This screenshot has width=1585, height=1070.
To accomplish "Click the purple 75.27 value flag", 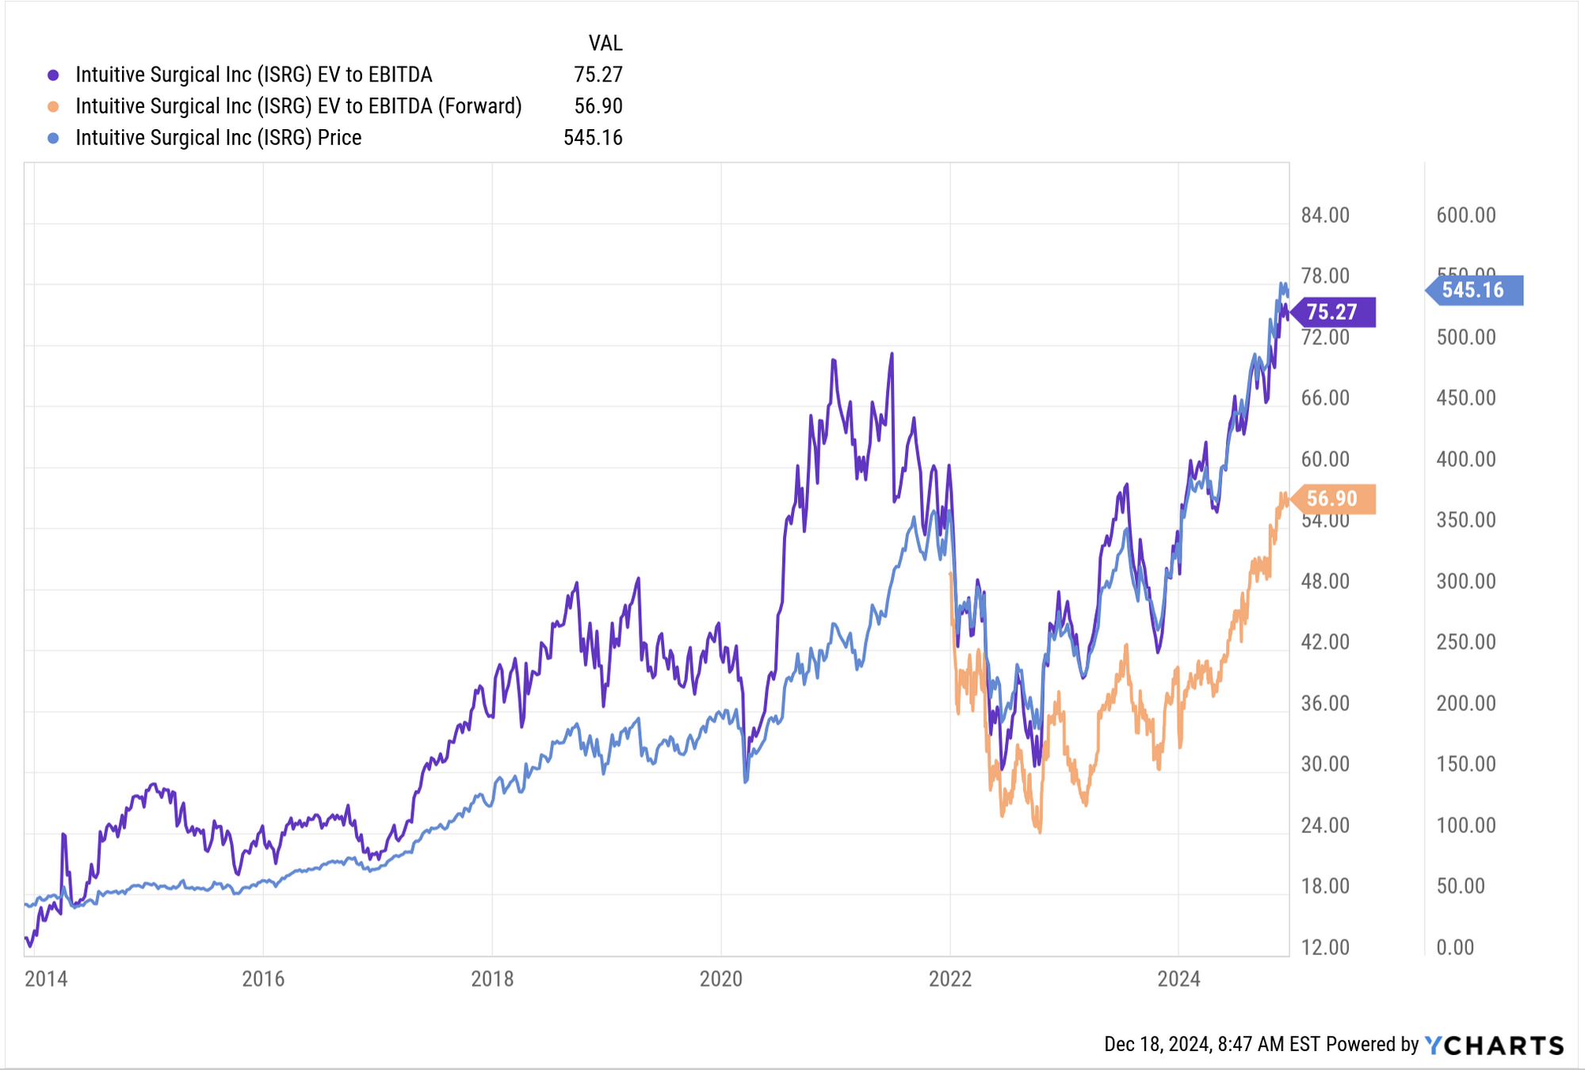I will tap(1333, 312).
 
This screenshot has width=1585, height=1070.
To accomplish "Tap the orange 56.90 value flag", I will tap(1333, 499).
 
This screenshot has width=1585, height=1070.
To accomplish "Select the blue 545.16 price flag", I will tap(1474, 290).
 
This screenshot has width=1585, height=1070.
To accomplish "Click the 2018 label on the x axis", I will tap(492, 979).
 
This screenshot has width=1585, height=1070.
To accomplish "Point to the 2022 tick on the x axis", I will tap(950, 979).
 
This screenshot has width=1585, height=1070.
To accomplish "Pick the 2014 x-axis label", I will tap(46, 979).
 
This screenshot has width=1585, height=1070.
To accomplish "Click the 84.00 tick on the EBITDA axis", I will tap(1325, 216).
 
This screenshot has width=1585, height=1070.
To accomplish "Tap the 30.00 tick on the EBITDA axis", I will tap(1325, 764).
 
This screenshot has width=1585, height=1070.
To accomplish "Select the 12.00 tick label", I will tap(1325, 947).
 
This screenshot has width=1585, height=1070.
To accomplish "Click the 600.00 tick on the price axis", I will tap(1466, 216).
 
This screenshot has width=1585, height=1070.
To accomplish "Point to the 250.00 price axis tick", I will tap(1466, 642).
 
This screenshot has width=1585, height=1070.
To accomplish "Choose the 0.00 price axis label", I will tap(1455, 947).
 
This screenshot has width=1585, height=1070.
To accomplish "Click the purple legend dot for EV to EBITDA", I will tap(53, 75).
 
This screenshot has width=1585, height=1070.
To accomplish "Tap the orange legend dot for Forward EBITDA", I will tap(53, 107).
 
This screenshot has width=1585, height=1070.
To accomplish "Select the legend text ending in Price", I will tap(218, 138).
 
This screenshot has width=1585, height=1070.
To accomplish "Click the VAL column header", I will tap(605, 43).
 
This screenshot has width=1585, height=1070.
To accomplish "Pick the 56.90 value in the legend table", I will tap(598, 106).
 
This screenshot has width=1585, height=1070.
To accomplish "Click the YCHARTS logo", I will tap(1495, 1045).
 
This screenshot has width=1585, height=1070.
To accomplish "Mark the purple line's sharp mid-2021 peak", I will tap(892, 355).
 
